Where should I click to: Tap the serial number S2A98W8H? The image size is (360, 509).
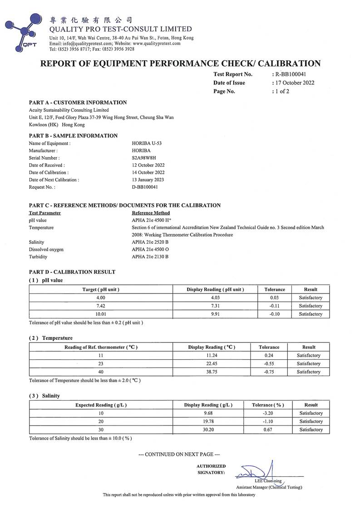click(143, 157)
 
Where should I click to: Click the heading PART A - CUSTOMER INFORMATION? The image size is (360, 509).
click(78, 103)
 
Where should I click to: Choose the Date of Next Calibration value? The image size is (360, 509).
click(148, 180)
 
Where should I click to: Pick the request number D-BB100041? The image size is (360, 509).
click(145, 187)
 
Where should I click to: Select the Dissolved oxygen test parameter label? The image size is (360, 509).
click(46, 250)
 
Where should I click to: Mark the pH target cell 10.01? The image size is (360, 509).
click(101, 314)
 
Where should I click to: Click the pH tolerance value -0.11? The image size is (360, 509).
click(275, 306)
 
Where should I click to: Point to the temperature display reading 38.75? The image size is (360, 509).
click(212, 372)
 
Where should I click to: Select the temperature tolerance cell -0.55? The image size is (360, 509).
click(271, 363)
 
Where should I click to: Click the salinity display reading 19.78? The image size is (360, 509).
click(208, 421)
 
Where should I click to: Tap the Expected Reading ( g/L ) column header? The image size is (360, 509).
click(101, 405)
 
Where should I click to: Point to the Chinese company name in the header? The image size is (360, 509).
click(91, 20)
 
